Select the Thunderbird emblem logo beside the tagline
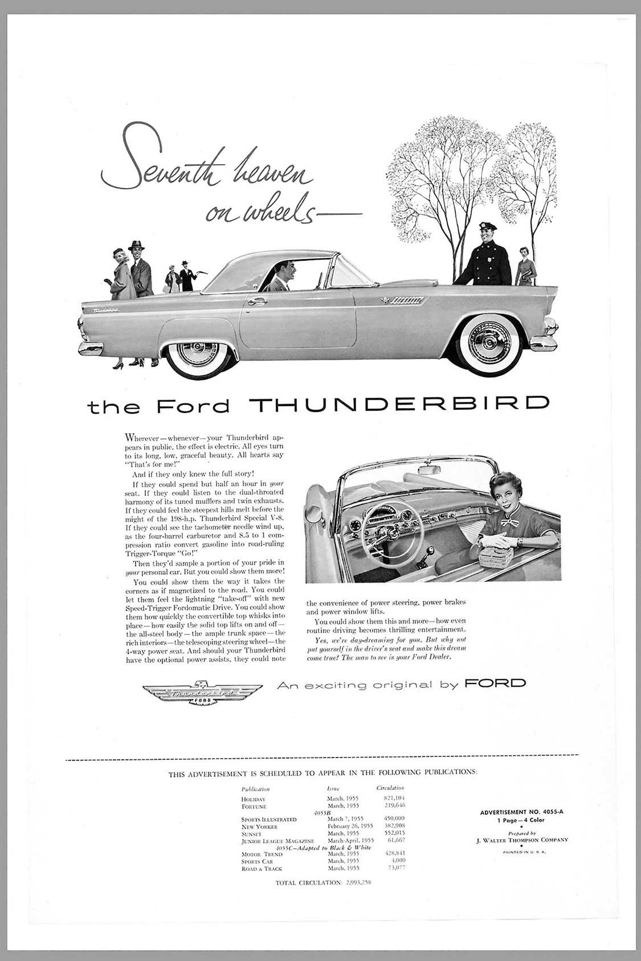click(202, 693)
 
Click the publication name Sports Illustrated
click(269, 819)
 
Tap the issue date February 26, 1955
click(350, 826)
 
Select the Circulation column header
click(390, 788)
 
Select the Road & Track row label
click(262, 869)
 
